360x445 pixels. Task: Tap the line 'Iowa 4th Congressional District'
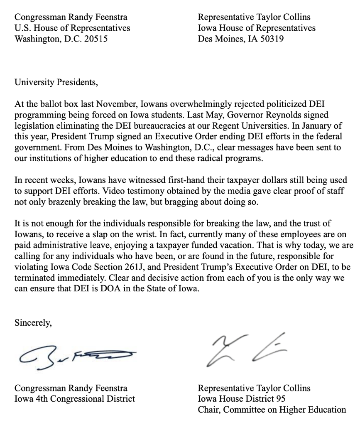75,399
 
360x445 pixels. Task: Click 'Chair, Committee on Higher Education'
272,409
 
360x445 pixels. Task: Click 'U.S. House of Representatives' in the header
72,28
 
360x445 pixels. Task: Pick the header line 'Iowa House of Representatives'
256,28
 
